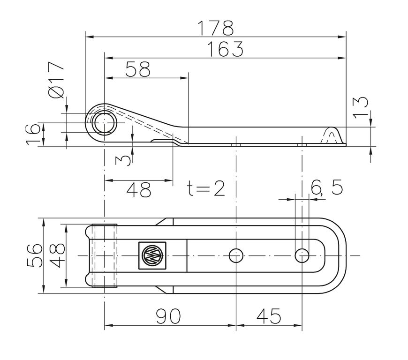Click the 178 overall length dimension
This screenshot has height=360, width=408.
tap(216, 28)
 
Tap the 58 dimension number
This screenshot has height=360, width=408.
tap(138, 69)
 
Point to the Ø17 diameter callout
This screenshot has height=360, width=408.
tap(56, 80)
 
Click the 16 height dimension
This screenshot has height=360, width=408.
tap(33, 134)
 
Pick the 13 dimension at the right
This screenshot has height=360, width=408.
tap(361, 107)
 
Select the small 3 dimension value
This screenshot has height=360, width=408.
tap(123, 160)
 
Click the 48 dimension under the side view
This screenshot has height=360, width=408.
tap(139, 189)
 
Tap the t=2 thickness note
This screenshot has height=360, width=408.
tap(206, 188)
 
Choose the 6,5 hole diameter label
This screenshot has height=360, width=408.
tap(327, 187)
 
